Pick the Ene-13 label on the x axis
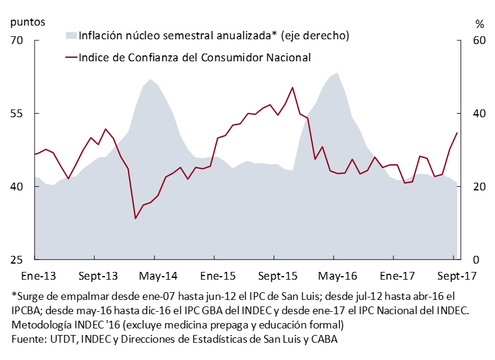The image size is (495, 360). [x=35, y=276]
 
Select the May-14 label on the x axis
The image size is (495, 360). [x=154, y=276]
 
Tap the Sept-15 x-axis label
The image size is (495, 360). [x=274, y=276]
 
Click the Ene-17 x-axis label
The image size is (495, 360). [x=394, y=276]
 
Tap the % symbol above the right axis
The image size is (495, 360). [x=480, y=24]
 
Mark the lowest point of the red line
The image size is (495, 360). [x=136, y=218]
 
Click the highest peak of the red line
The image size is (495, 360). [x=293, y=87]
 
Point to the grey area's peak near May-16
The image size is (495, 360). [x=337, y=73]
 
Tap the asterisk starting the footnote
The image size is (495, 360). [x=14, y=295]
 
